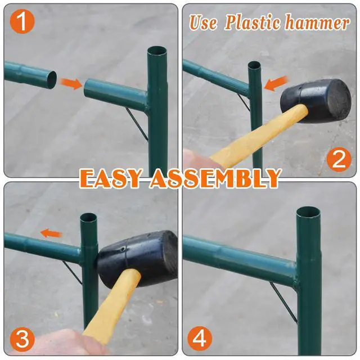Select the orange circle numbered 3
click(22, 339)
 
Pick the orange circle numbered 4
click(200, 339)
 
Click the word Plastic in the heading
click(253, 22)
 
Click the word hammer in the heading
click(317, 22)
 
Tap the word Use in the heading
click(204, 22)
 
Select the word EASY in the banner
click(110, 178)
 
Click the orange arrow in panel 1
click(71, 83)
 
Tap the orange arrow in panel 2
click(276, 83)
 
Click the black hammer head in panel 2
click(316, 101)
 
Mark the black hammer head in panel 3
click(138, 258)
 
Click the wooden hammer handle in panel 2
click(258, 136)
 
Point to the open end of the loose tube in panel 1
click(52, 80)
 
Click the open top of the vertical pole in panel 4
click(308, 213)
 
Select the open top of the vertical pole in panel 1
click(157, 51)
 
